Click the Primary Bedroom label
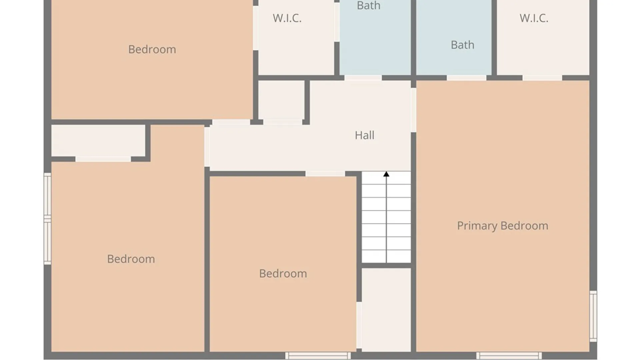click(x=502, y=226)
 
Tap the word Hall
click(x=364, y=135)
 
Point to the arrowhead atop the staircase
click(x=386, y=174)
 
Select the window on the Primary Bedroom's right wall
click(x=593, y=316)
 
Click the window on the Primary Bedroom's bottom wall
click(x=509, y=355)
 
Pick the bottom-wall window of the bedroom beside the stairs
click(x=318, y=355)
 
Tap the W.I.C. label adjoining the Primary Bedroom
click(x=534, y=18)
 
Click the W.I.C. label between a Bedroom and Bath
click(x=287, y=18)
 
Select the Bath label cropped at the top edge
click(x=368, y=6)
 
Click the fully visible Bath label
click(x=462, y=45)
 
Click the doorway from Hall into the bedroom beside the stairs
click(x=325, y=174)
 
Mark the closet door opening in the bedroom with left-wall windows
click(x=103, y=159)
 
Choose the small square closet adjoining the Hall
click(x=281, y=100)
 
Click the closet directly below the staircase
click(x=386, y=310)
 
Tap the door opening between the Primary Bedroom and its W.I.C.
click(x=542, y=78)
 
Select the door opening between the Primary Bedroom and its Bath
click(x=466, y=78)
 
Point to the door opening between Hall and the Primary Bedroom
click(x=413, y=110)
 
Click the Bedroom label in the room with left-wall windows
click(x=131, y=259)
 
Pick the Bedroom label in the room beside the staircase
click(x=283, y=274)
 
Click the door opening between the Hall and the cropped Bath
click(x=363, y=78)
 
